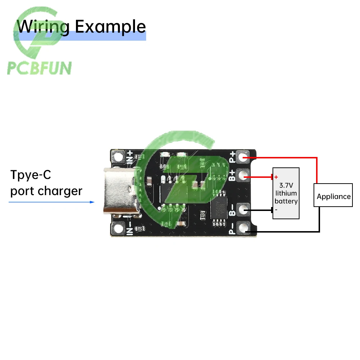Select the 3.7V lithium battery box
(286, 193)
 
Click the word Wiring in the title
(43, 26)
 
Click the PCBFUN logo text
(40, 68)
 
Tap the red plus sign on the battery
(276, 177)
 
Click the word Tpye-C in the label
(31, 175)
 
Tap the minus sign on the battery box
(276, 209)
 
